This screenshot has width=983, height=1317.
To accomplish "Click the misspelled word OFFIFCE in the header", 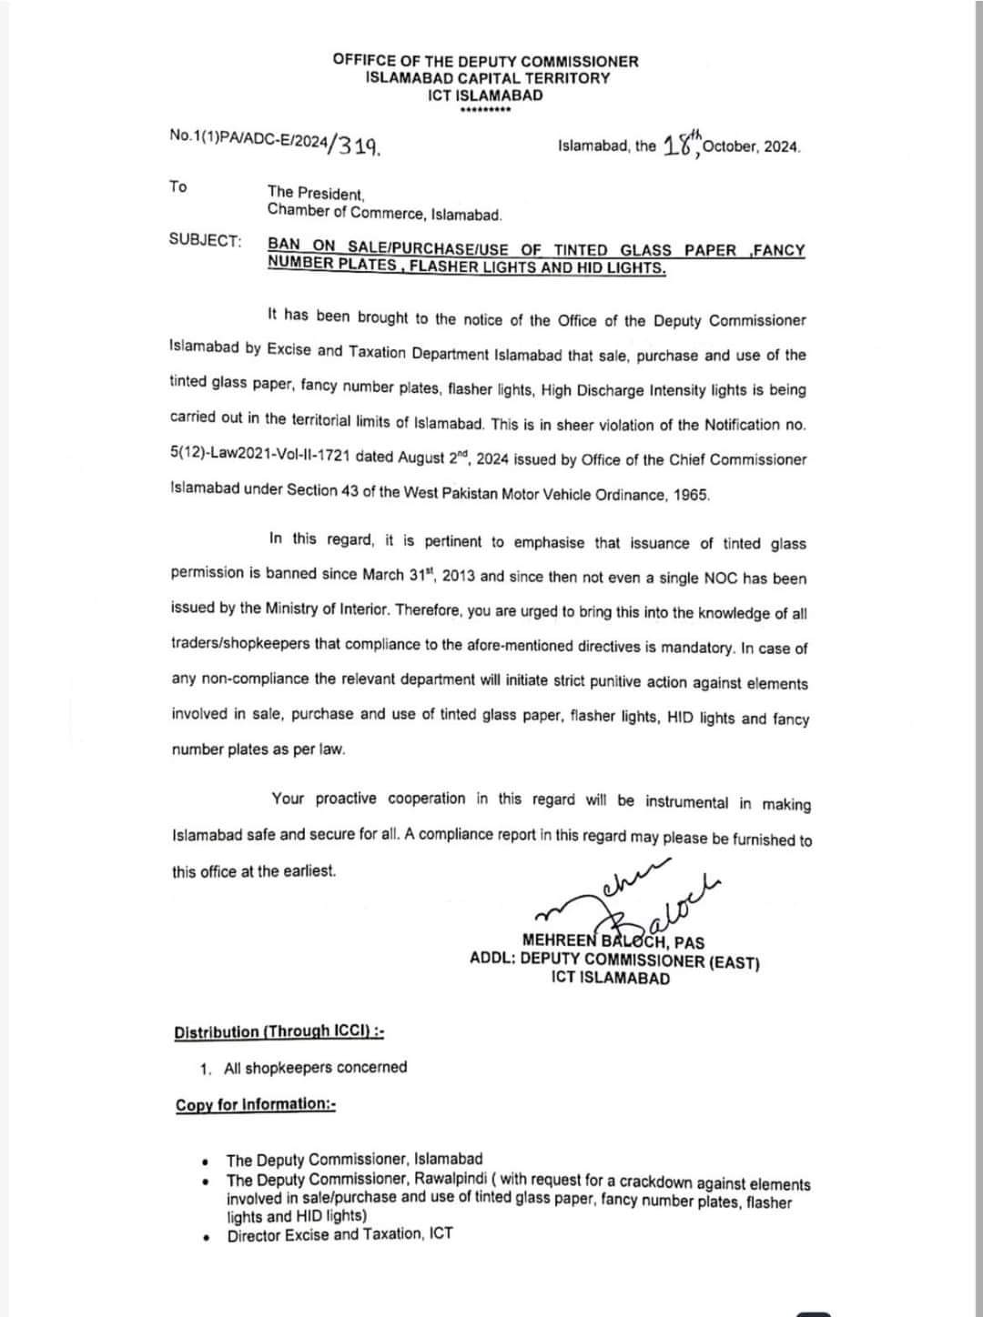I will [362, 61].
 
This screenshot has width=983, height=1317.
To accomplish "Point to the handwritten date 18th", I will [682, 144].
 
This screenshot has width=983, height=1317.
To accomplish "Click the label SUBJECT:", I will [206, 240].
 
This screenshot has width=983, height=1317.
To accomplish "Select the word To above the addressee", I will [177, 186].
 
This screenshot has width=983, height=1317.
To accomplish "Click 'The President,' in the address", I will [316, 193].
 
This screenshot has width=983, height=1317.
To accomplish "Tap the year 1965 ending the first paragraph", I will [691, 495].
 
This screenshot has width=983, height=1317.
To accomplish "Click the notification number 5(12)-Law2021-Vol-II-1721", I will [261, 457].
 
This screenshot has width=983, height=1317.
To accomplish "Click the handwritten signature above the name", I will [637, 897].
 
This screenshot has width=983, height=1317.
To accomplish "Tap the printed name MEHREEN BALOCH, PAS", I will [613, 942].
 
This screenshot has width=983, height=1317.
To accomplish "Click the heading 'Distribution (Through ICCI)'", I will [279, 1031].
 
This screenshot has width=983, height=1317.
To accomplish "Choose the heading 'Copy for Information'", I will [256, 1104].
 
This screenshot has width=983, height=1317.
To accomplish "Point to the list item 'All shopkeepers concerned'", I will [315, 1068].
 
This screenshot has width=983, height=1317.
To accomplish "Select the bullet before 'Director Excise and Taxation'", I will [208, 1237].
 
